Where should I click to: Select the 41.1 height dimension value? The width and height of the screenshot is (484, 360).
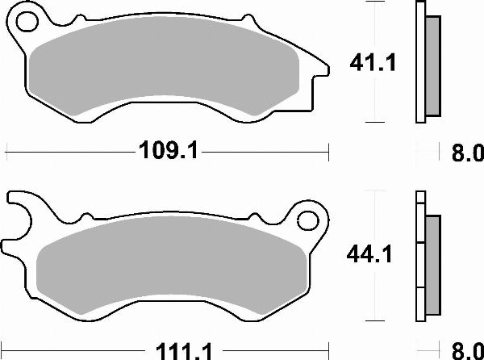tap(371, 62)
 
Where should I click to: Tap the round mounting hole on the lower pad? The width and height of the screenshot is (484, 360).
tap(307, 219)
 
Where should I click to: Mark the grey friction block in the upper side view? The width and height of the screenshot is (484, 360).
tap(432, 65)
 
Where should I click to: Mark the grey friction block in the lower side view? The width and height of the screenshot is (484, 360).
tap(432, 266)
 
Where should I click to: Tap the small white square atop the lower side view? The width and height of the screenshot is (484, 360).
tap(419, 196)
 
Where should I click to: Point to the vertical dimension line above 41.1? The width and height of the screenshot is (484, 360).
tap(373, 24)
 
